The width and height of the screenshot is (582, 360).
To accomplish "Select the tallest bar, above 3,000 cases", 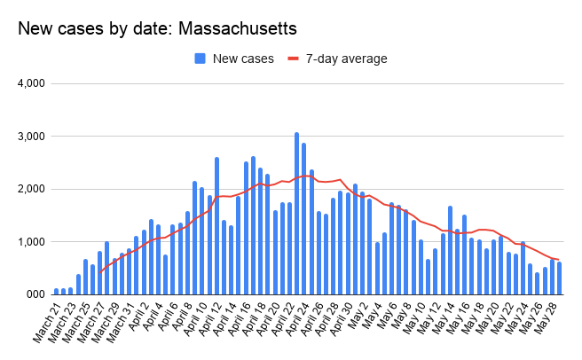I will tap(296, 213).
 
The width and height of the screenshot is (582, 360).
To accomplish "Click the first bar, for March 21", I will tap(57, 291).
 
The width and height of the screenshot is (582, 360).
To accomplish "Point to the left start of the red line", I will tap(100, 272).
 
